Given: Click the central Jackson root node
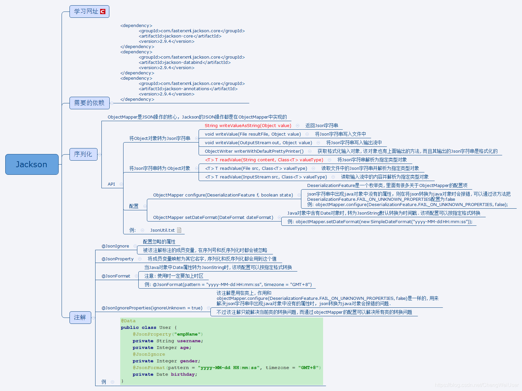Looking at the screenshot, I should pyautogui.click(x=32, y=164).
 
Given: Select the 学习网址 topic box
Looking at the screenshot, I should pyautogui.click(x=86, y=12).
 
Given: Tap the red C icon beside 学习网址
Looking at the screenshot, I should pyautogui.click(x=103, y=12).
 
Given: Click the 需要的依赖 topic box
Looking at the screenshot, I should pyautogui.click(x=89, y=103).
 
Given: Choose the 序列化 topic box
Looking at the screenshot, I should pyautogui.click(x=83, y=154).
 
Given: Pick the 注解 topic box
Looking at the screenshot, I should pyautogui.click(x=80, y=317).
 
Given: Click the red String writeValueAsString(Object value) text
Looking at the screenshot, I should pyautogui.click(x=248, y=125).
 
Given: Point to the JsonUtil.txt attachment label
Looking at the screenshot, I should pyautogui.click(x=162, y=230).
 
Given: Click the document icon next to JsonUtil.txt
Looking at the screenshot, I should pyautogui.click(x=179, y=230).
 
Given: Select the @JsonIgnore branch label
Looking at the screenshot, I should pyautogui.click(x=115, y=246).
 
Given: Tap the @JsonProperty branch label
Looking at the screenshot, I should pyautogui.click(x=118, y=259).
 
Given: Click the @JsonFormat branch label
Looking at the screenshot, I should pyautogui.click(x=116, y=276).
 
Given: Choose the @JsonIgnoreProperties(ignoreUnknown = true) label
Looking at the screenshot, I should pyautogui.click(x=152, y=308).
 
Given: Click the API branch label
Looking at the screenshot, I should pyautogui.click(x=111, y=184).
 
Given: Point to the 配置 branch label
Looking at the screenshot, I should pyautogui.click(x=134, y=206).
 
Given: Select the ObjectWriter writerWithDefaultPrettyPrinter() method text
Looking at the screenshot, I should pyautogui.click(x=254, y=151).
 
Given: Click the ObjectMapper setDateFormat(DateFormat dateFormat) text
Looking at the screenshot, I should pyautogui.click(x=213, y=217).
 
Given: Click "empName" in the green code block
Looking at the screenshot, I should pyautogui.click(x=188, y=334).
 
